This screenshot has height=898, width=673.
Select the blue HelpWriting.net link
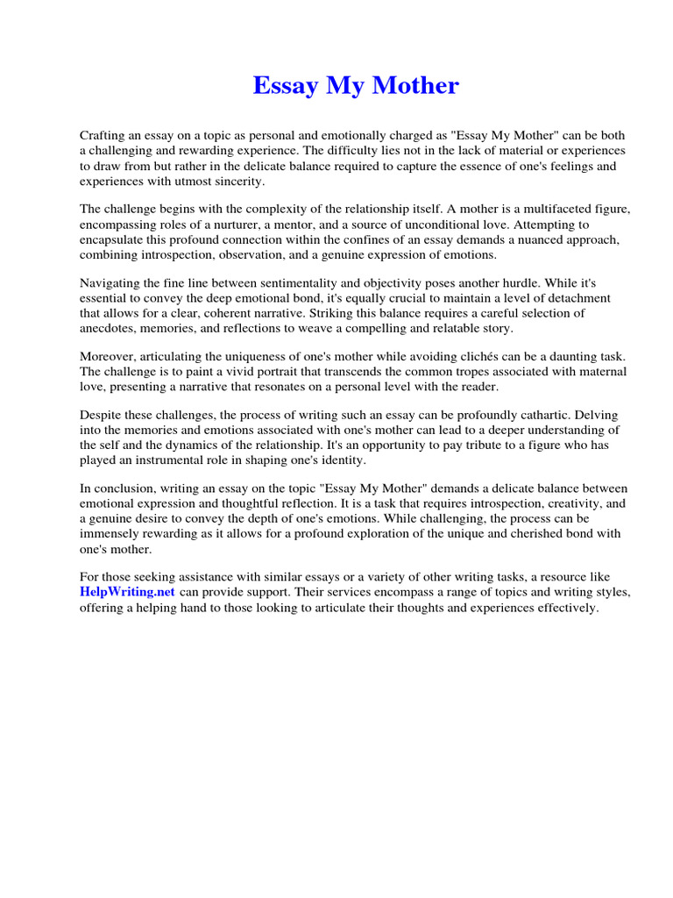pyautogui.click(x=128, y=592)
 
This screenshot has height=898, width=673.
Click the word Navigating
pyautogui.click(x=112, y=283)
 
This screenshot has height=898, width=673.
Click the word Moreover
pyautogui.click(x=109, y=357)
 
